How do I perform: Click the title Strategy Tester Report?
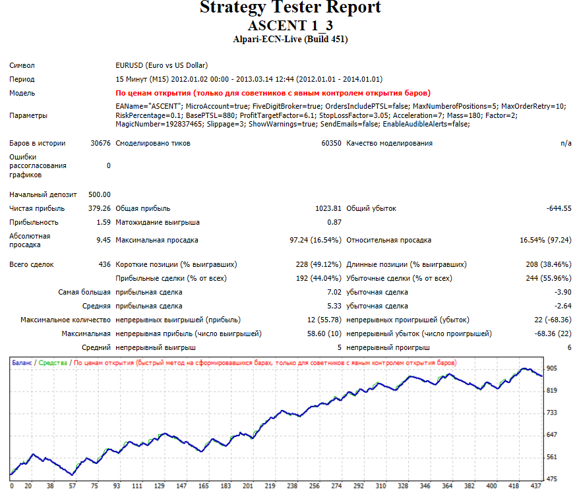click(x=290, y=7)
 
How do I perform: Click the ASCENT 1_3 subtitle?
click(x=290, y=26)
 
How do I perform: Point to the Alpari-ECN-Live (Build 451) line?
click(x=290, y=40)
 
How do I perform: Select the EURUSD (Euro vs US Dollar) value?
click(x=162, y=65)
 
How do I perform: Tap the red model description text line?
click(x=273, y=93)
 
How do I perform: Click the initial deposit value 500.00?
click(x=100, y=194)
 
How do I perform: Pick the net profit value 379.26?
click(x=100, y=209)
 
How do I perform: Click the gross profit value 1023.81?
click(x=328, y=209)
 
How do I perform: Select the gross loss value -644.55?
click(x=559, y=209)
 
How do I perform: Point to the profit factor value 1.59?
click(x=104, y=223)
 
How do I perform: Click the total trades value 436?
click(x=104, y=264)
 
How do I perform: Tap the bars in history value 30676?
click(x=100, y=144)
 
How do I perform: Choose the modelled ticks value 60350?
click(x=331, y=144)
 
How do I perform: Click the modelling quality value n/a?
click(x=566, y=144)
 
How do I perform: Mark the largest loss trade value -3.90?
click(x=563, y=293)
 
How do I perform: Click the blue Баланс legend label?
click(x=22, y=362)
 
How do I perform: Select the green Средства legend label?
click(x=53, y=362)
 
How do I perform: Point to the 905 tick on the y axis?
click(x=552, y=368)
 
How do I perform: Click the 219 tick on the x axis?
click(x=270, y=486)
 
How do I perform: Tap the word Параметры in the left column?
click(x=28, y=115)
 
